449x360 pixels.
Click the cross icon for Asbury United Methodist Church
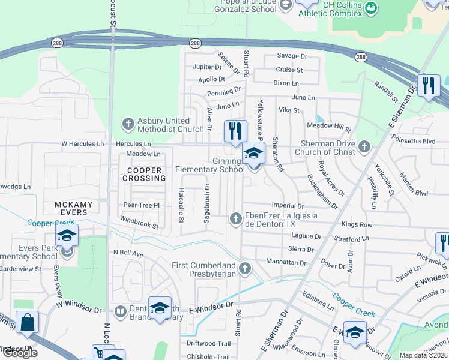pyautogui.click(x=128, y=124)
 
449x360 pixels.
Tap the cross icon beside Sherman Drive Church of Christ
pyautogui.click(x=364, y=146)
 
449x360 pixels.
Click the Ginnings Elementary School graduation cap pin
pyautogui.click(x=253, y=155)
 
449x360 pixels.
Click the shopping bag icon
pyautogui.click(x=28, y=323)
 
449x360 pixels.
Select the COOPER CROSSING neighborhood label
pyautogui.click(x=144, y=174)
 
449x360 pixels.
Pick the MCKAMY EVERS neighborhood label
pyautogui.click(x=74, y=208)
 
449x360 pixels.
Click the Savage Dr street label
pyautogui.click(x=292, y=56)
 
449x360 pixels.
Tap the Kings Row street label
pyautogui.click(x=357, y=225)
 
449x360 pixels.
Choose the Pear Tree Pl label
pyautogui.click(x=140, y=205)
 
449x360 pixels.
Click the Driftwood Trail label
pyautogui.click(x=208, y=343)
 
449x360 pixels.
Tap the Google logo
pyautogui.click(x=20, y=353)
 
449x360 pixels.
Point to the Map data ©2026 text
pyautogui.click(x=423, y=355)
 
